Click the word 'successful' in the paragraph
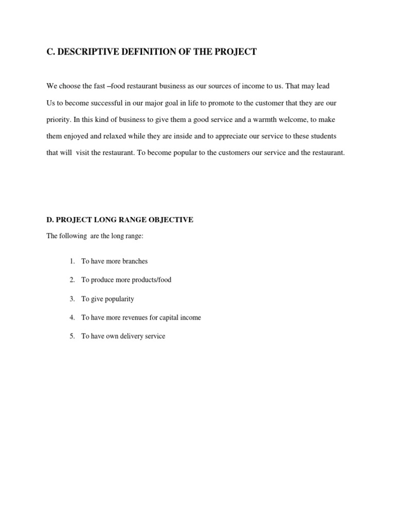(106, 103)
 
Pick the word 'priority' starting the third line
(58, 119)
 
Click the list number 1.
(72, 261)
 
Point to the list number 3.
(72, 299)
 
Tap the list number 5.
(72, 337)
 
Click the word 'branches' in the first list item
(135, 261)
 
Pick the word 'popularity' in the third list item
(118, 299)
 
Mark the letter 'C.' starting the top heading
(50, 52)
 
